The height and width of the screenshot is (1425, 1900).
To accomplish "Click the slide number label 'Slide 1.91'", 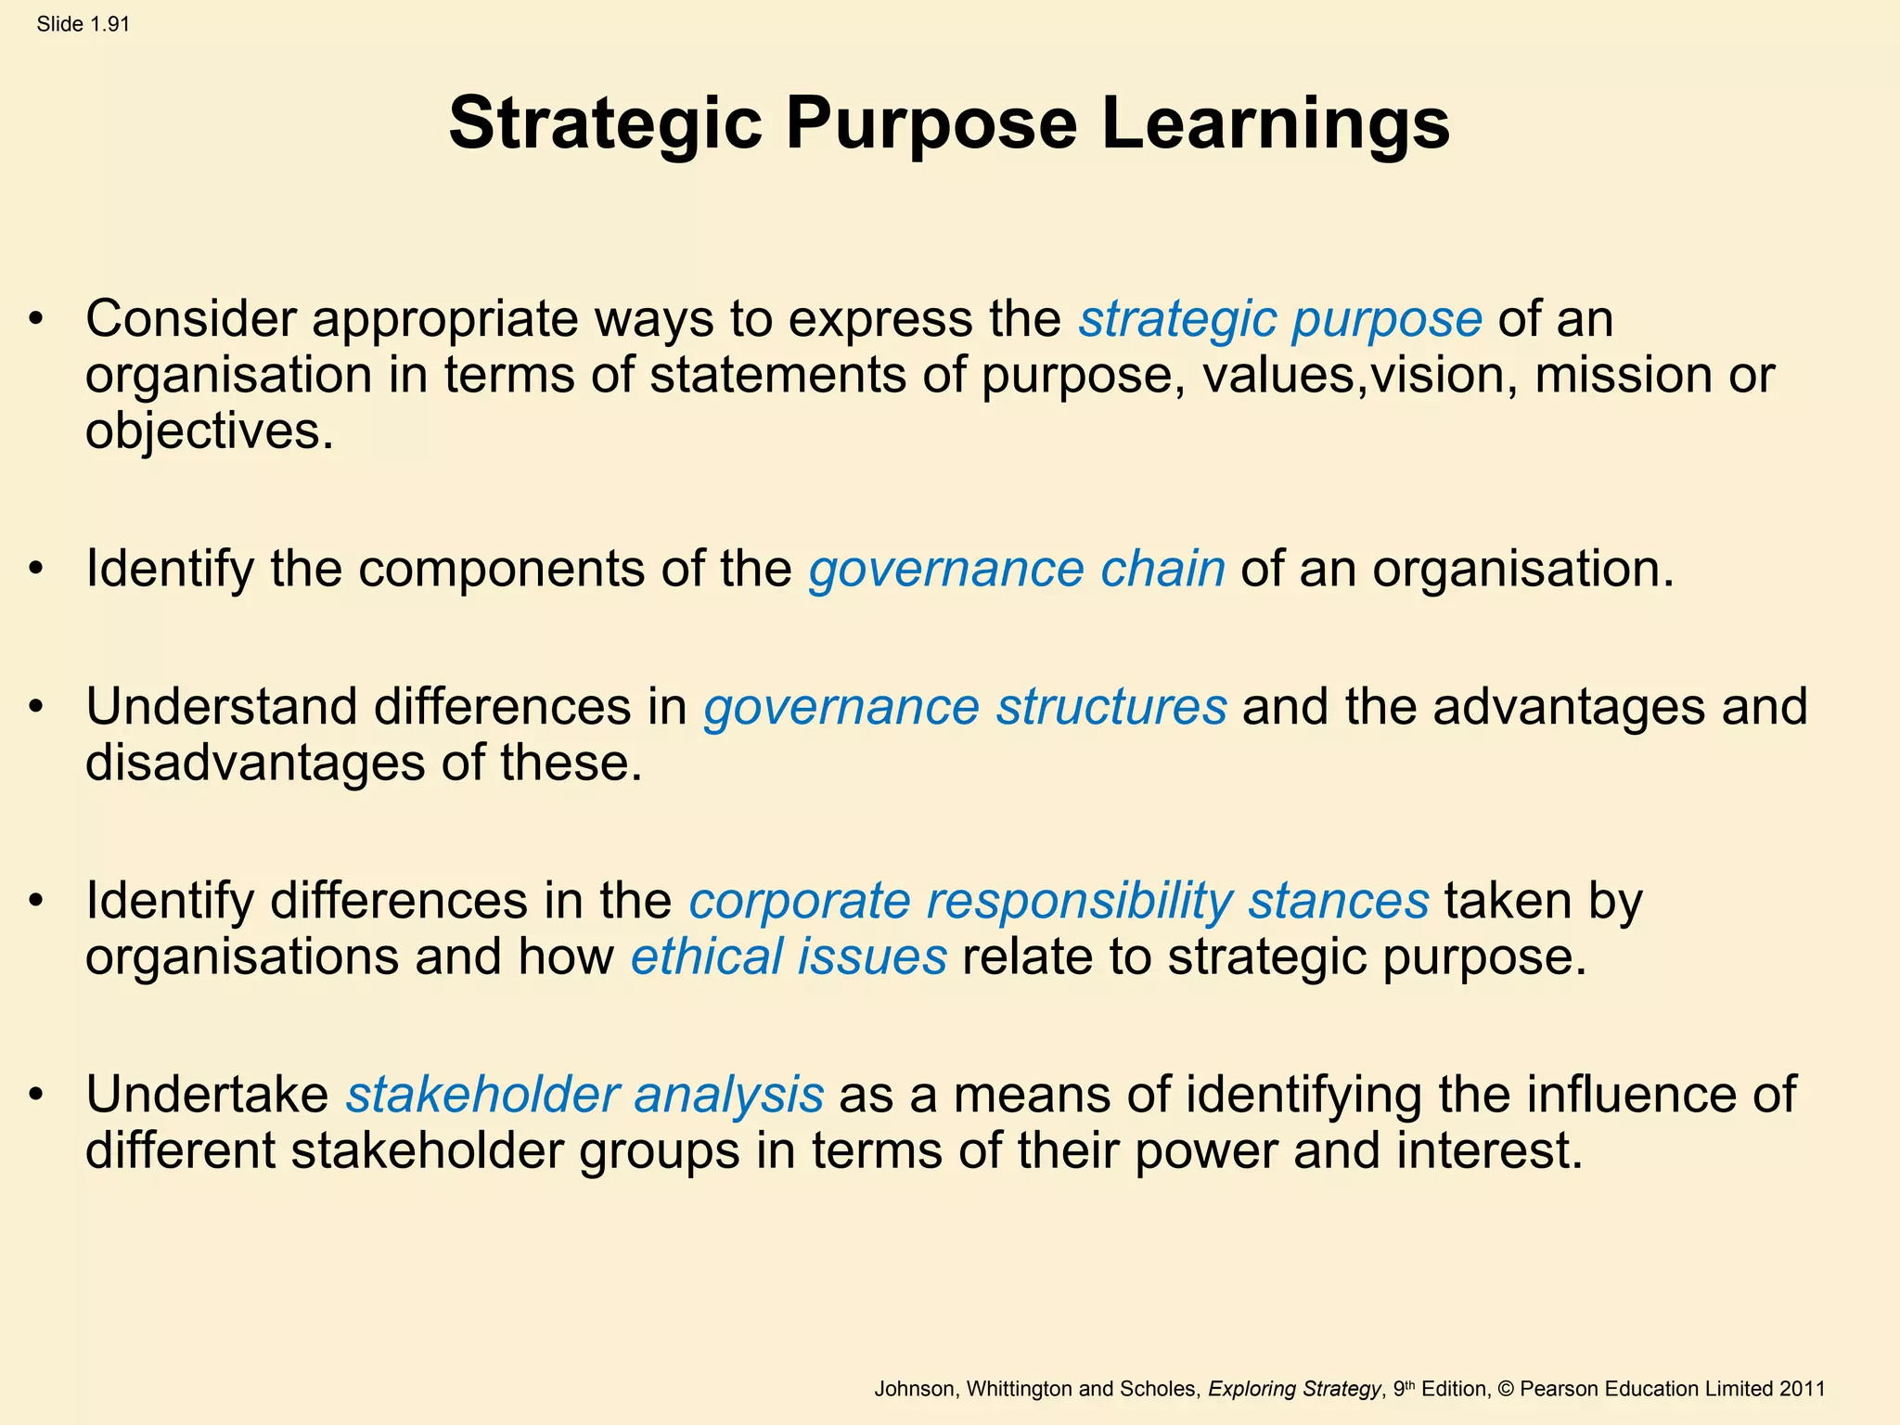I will coord(83,25).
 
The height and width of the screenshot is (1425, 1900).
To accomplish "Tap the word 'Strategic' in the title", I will coord(605,123).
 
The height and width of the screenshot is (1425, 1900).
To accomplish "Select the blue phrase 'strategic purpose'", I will coord(1279,319).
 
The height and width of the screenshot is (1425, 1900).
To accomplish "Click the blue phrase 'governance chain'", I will coord(1016,569).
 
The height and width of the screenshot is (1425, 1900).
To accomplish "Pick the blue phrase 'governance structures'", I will coord(965,707).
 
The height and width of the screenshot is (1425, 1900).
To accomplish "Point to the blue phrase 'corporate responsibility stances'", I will coord(1058,901).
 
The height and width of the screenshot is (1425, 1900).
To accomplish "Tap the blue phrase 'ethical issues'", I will coord(789,956).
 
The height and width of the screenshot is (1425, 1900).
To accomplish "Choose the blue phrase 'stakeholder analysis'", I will coord(584,1095).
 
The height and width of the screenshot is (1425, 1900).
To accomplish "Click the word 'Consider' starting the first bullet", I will coord(190,319).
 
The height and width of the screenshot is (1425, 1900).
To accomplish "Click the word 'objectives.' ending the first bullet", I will coord(209,431).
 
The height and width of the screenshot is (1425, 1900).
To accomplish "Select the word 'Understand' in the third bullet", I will coord(221,707).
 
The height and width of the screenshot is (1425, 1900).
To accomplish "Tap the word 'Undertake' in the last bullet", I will coord(207,1095).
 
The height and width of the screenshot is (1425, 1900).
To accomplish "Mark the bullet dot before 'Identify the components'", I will coord(36,569).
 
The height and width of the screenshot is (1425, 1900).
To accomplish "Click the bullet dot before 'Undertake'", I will coord(36,1095).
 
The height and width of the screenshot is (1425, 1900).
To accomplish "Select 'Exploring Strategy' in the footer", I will coord(1294,1389).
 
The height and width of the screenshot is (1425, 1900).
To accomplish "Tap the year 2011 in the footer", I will coord(1802,1389).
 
